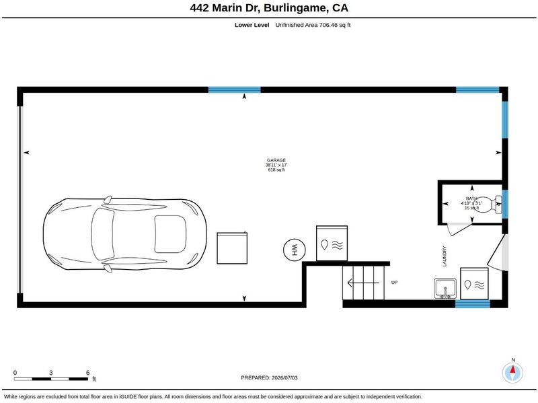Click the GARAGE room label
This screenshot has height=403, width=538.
click(x=276, y=160)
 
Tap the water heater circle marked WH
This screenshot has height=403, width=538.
click(x=295, y=250)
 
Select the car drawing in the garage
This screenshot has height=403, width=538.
click(x=125, y=234)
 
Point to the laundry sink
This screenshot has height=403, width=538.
click(x=445, y=289)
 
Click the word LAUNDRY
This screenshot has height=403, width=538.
click(x=445, y=256)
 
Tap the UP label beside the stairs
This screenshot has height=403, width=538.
click(x=394, y=283)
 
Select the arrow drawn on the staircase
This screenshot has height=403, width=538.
click(x=363, y=283)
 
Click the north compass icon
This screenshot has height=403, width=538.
click(x=512, y=373)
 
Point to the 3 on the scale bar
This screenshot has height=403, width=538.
click(x=51, y=373)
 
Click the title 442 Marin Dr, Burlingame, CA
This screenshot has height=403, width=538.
click(x=269, y=8)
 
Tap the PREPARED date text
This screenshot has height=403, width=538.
click(x=269, y=377)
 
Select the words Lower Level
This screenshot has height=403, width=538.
click(x=252, y=25)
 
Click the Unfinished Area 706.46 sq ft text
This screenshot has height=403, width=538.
click(x=313, y=25)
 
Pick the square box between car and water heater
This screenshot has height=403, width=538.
click(x=232, y=248)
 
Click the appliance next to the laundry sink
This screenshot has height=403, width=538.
click(x=474, y=284)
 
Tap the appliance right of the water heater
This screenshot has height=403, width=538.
click(x=332, y=244)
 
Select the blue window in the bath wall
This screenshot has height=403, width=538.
click(x=505, y=204)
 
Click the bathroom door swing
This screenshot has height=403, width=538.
click(x=459, y=229)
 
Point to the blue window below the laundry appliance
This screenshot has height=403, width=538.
click(x=473, y=304)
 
